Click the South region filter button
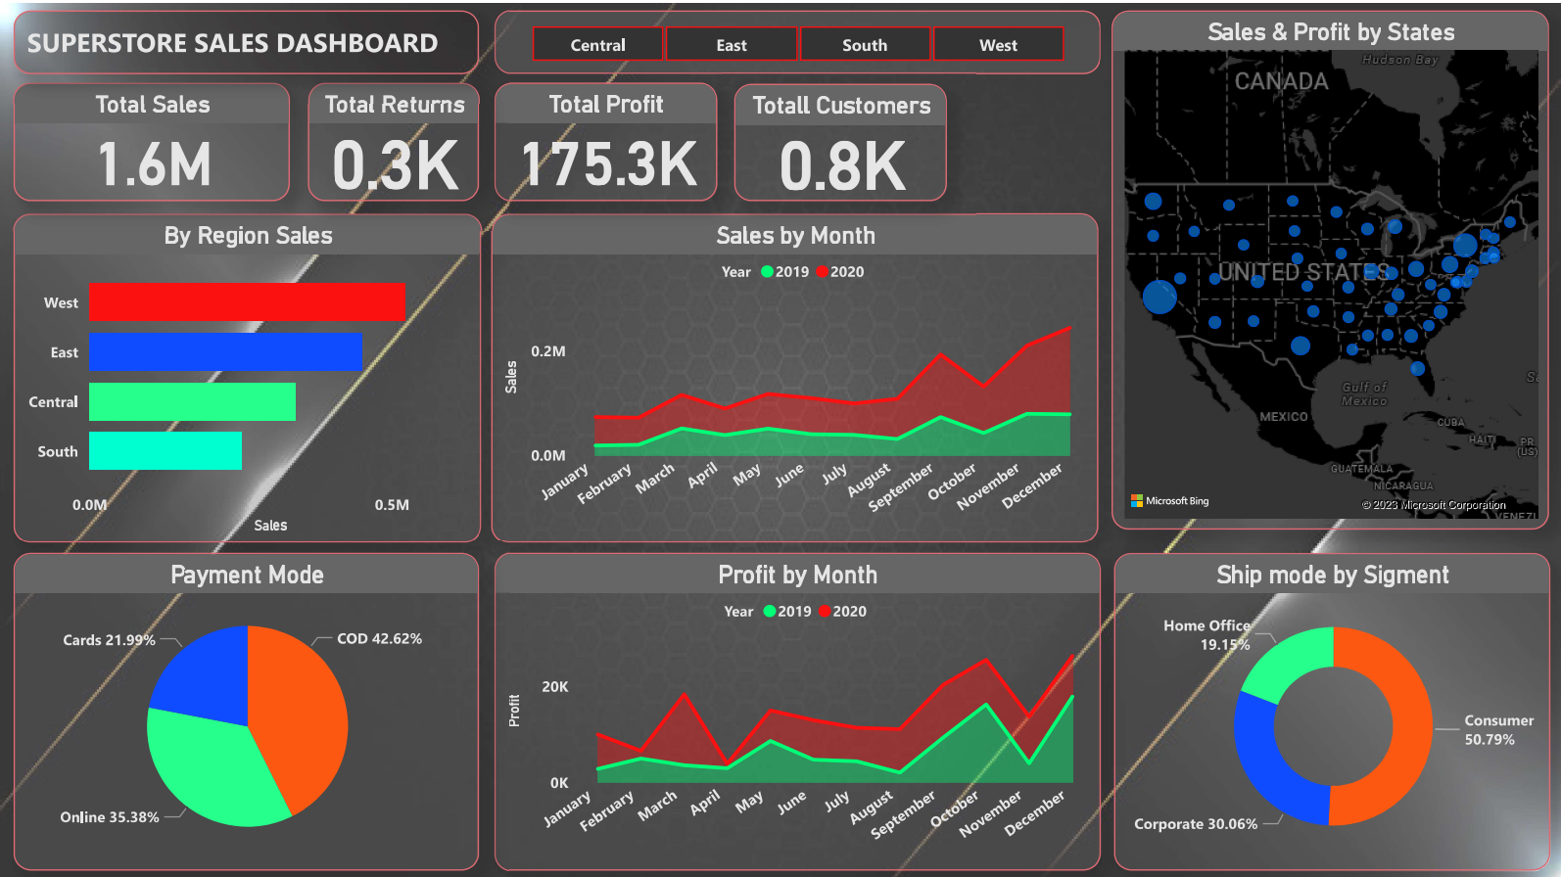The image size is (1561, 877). click(865, 45)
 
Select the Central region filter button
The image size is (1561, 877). click(597, 45)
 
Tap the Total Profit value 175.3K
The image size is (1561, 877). click(608, 163)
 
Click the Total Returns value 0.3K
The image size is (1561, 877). click(395, 164)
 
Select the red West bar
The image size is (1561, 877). click(247, 301)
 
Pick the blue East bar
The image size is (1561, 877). click(225, 351)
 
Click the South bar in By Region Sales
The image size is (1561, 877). click(165, 450)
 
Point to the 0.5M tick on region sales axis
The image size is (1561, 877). click(392, 505)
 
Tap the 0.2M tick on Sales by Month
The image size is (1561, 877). click(547, 351)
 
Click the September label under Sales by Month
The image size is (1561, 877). click(902, 486)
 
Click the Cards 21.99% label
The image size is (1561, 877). click(109, 640)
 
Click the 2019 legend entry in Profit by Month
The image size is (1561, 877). click(787, 612)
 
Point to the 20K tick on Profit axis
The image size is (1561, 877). click(554, 687)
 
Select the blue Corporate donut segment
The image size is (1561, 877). click(1268, 759)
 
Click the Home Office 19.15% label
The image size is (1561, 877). click(1206, 634)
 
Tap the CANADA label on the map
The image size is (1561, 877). click(1281, 81)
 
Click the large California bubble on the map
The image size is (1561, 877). click(1159, 297)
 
